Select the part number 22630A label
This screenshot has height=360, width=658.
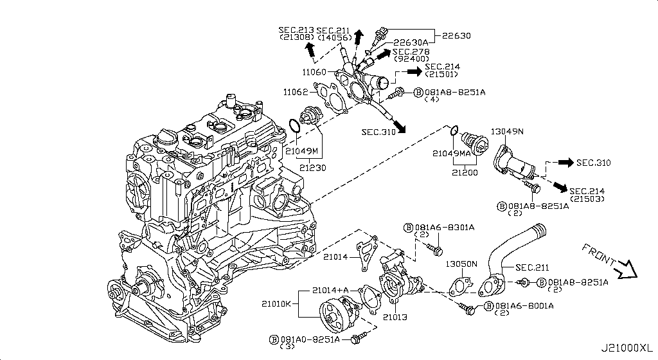point(414,42)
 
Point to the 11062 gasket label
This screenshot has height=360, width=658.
point(296,93)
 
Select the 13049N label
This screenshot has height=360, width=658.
point(507,132)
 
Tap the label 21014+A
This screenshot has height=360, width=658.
point(330,290)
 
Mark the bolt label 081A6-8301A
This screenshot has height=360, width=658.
point(444,228)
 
